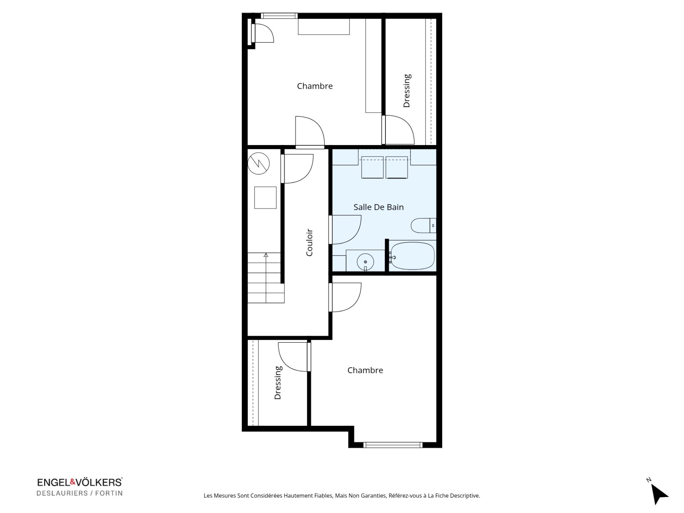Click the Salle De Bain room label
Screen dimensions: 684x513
click(x=378, y=207)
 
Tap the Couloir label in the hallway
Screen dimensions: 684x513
click(x=309, y=242)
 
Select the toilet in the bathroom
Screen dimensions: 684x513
click(x=424, y=225)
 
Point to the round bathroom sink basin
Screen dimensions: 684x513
click(x=365, y=262)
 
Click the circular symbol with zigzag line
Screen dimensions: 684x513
click(x=259, y=164)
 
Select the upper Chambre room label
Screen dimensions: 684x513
click(x=315, y=86)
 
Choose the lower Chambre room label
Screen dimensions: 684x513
click(x=365, y=370)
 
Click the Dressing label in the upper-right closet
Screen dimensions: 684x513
click(x=406, y=90)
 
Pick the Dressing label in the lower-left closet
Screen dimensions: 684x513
click(x=278, y=383)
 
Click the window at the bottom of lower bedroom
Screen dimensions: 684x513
click(x=393, y=445)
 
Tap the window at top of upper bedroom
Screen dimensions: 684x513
click(x=279, y=16)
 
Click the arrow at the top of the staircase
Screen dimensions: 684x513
click(x=266, y=255)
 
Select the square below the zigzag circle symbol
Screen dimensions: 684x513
click(x=265, y=198)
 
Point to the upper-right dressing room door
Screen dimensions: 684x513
click(x=398, y=130)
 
